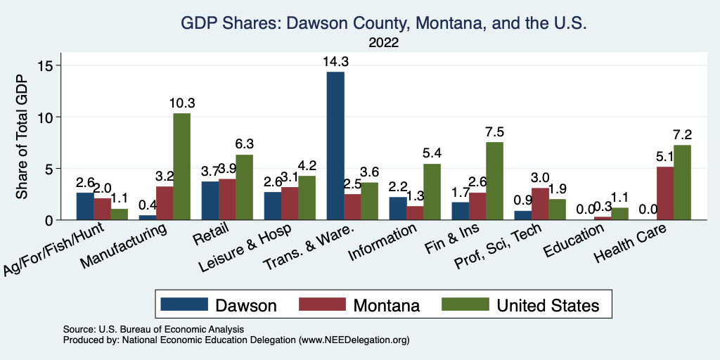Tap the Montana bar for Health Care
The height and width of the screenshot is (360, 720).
pos(664,193)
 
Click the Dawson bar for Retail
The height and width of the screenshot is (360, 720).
pos(210,201)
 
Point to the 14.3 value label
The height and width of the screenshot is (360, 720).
pos(335,62)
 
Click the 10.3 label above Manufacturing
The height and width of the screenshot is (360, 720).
pos(182,103)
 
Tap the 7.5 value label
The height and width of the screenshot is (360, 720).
pos(495,132)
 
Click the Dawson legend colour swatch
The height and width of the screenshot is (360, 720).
pos(184,304)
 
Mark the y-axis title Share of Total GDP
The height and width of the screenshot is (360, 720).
pos(22,138)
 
